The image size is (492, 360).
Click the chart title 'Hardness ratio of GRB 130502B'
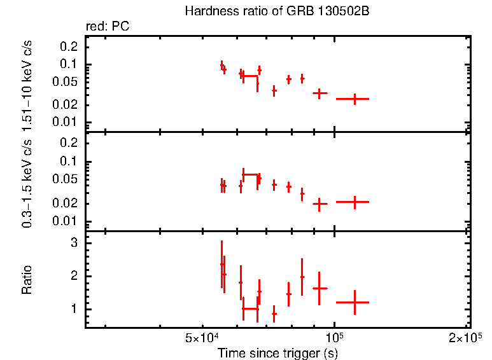277,11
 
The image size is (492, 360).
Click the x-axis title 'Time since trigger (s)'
277,352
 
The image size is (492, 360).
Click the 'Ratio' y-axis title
27,280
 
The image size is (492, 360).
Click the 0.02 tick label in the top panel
66,105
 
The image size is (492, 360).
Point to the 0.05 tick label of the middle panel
66,179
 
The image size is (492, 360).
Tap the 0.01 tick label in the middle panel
66,221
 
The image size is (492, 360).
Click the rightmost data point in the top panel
355,99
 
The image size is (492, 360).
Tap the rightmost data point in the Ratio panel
355,303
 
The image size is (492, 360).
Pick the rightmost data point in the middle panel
355,202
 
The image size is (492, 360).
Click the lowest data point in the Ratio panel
274,314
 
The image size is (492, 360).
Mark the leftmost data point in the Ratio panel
221,264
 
